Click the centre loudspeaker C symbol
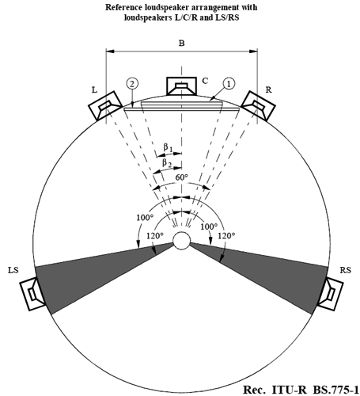181,86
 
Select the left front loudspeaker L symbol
105,105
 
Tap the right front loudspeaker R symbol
259,105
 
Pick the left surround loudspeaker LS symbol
32,294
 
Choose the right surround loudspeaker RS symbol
330,294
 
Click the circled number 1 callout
229,84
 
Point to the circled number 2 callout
132,84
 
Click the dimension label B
181,43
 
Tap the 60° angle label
182,177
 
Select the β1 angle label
168,147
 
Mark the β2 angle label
167,163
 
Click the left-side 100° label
145,218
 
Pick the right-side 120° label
226,235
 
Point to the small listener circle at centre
181,241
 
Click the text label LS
13,270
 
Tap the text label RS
346,270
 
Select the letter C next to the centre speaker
205,81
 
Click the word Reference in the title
122,7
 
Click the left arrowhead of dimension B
110,51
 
